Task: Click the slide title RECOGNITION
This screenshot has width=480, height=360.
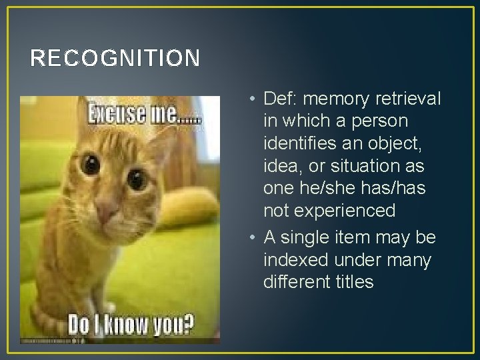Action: click(115, 59)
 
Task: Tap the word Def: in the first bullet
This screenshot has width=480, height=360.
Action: click(280, 99)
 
